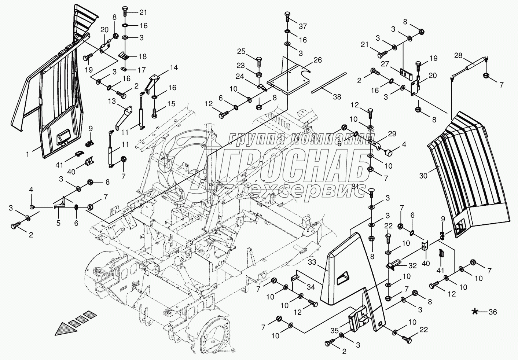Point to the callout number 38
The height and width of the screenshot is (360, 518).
point(337,97)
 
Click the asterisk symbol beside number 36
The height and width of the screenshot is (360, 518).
point(475,312)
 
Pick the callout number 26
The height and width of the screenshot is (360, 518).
point(317,60)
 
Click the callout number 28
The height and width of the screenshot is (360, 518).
point(458,55)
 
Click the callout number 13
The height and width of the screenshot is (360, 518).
point(112,101)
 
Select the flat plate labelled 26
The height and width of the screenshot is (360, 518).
point(288,77)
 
